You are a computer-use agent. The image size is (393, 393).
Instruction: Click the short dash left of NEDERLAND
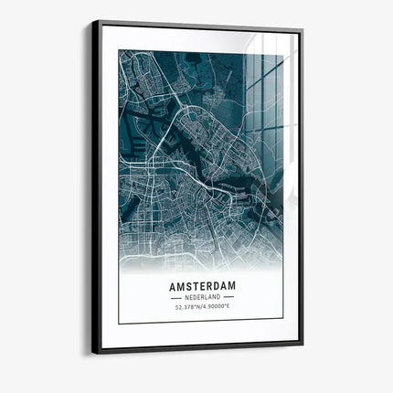(x=177, y=298)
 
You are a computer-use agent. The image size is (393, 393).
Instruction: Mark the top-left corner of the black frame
(x=93, y=21)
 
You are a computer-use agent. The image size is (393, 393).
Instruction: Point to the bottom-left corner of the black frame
(x=93, y=353)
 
